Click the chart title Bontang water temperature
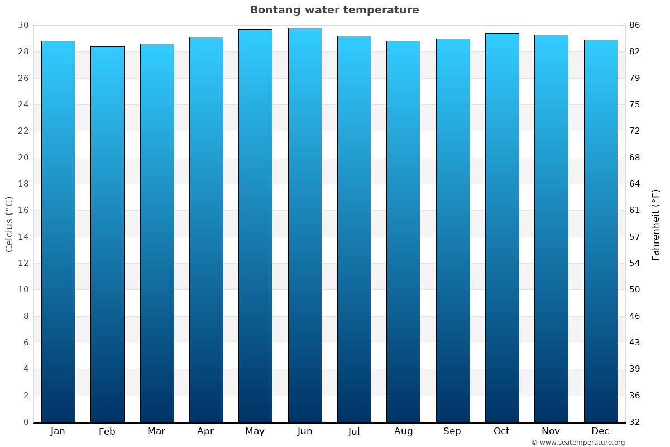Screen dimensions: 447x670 pos(334,10)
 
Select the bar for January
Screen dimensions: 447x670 pos(58,231)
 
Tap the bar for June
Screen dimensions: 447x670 pos(305,225)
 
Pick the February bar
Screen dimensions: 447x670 pos(107,234)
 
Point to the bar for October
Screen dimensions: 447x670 pos(502,227)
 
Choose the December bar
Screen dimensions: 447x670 pos(601,231)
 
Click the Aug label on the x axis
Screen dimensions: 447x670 pos(403,431)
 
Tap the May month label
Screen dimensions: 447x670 pos(255,431)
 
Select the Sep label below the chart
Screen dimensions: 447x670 pos(452,431)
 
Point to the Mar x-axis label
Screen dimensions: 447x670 pos(156,431)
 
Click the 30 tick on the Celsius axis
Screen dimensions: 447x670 pos(23,26)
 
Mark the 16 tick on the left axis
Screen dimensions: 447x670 pos(23,211)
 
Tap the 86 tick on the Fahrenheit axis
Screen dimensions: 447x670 pos(635,26)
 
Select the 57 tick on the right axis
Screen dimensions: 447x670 pos(635,237)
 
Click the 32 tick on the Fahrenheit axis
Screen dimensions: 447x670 pos(635,422)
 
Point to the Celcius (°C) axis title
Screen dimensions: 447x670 pos(9,224)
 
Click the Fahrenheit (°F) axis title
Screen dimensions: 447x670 pos(656,224)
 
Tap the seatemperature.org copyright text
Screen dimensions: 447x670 pos(578,443)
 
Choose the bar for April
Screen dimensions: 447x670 pos(206,229)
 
